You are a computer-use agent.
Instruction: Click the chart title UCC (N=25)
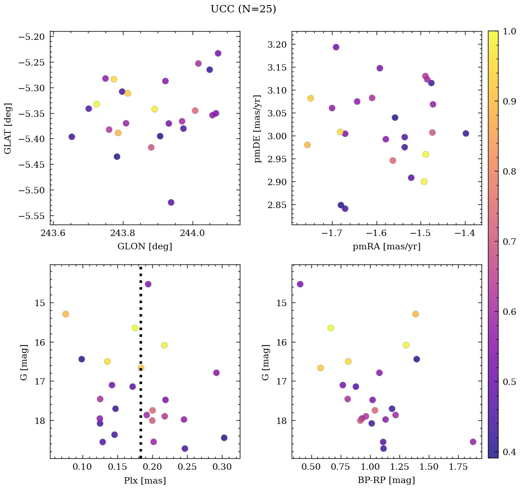pos(243,9)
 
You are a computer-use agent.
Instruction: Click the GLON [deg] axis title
pos(145,247)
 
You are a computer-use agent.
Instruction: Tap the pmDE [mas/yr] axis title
pos(258,129)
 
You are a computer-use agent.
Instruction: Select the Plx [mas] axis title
pos(145,481)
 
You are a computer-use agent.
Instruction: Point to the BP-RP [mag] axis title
pos(387,481)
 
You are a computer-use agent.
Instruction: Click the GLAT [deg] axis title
pos(8,128)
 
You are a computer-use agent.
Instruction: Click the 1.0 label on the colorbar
pos(509,31)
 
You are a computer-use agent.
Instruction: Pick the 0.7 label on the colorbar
pos(509,242)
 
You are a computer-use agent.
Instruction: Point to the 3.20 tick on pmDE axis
pos(277,44)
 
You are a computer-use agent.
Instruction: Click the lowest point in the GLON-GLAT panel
pos(171,203)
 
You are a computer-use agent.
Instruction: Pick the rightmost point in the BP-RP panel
pos(473,442)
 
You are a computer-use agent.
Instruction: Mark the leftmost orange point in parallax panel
pos(66,314)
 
